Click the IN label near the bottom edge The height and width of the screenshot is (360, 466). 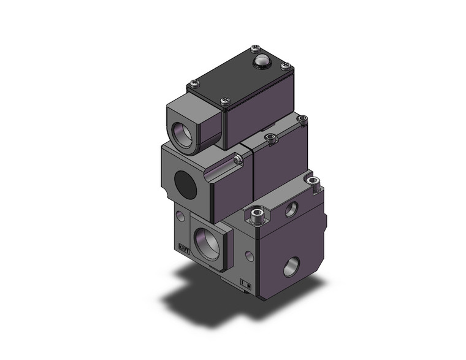pos(247,283)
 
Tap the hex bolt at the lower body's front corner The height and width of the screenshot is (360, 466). pos(257,215)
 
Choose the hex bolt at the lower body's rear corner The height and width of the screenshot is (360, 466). pos(315,180)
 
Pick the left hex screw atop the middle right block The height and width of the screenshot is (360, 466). pos(270,137)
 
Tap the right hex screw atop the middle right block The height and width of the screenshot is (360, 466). pos(302,119)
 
